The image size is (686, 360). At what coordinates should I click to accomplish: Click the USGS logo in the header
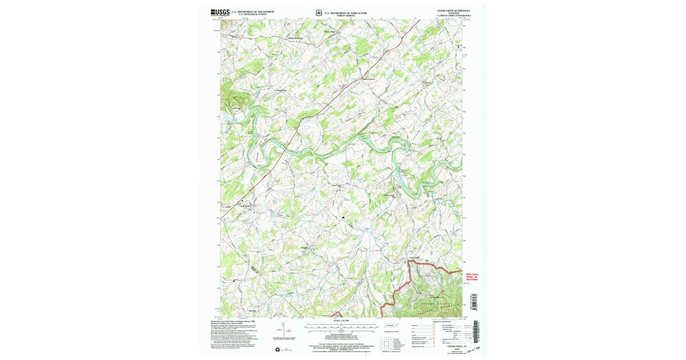point(220,11)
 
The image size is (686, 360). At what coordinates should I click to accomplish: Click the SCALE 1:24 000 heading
point(341,320)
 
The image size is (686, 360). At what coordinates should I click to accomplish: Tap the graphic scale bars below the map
point(341,327)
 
